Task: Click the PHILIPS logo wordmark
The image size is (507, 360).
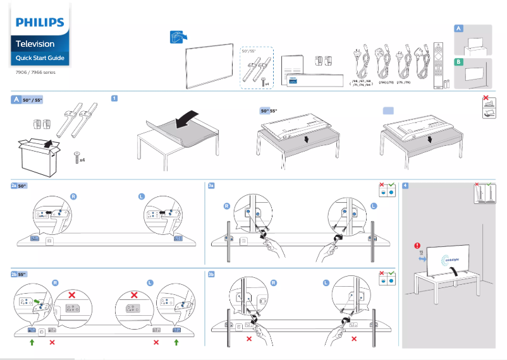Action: pyautogui.click(x=40, y=23)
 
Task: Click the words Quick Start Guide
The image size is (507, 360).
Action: pyautogui.click(x=39, y=58)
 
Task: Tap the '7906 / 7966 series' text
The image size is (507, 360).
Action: pyautogui.click(x=35, y=73)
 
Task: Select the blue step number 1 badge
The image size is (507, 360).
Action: pyautogui.click(x=114, y=99)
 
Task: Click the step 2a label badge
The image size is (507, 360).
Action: pyautogui.click(x=14, y=186)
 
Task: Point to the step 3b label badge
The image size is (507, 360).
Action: pyautogui.click(x=212, y=275)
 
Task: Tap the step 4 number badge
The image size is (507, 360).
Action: pyautogui.click(x=405, y=186)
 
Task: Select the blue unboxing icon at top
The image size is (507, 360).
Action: pyautogui.click(x=178, y=37)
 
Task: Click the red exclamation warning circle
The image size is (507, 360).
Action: pyautogui.click(x=417, y=246)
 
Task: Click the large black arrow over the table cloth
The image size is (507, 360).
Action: pyautogui.click(x=186, y=119)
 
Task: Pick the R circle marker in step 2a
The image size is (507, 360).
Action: pyautogui.click(x=73, y=197)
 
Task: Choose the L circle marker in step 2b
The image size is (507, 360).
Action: pyautogui.click(x=150, y=282)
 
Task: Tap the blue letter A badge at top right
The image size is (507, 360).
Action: pyautogui.click(x=459, y=29)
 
